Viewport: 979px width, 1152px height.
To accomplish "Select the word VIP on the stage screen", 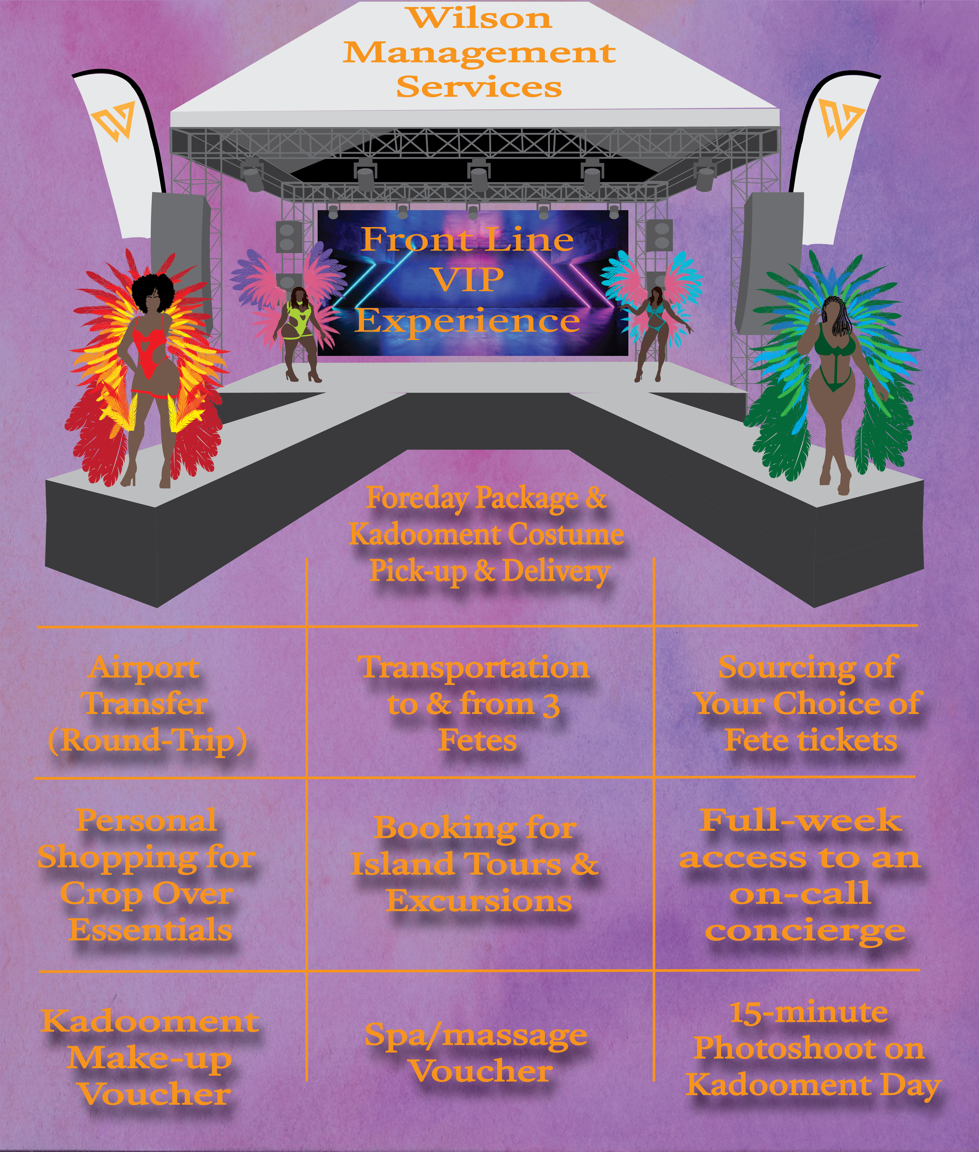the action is click(x=469, y=279).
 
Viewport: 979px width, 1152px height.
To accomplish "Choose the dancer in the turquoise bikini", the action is click(x=654, y=333).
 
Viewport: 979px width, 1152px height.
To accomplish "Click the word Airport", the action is click(x=144, y=668).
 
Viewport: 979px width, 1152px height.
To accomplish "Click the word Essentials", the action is click(x=150, y=930).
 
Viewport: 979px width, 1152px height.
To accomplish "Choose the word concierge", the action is click(x=805, y=931).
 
